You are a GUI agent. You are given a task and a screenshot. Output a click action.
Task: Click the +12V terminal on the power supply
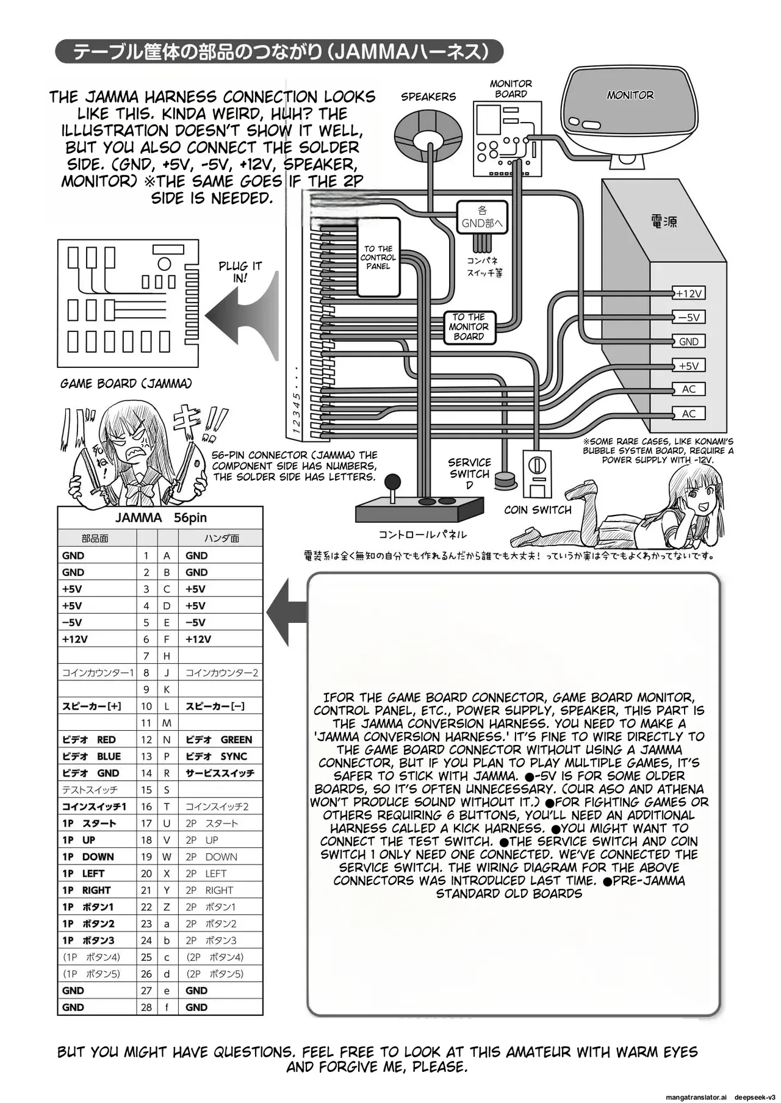(x=689, y=293)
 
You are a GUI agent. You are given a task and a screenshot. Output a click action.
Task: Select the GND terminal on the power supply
(x=689, y=342)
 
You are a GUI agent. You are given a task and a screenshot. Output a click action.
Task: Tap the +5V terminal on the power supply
(x=689, y=366)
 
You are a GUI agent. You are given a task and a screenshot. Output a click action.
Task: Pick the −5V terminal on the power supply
(x=689, y=317)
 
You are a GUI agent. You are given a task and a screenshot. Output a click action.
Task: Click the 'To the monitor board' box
(x=469, y=327)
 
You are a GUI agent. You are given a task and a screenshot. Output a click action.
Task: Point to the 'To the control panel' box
(x=378, y=257)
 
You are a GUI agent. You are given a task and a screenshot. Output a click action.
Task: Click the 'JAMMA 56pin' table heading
(x=160, y=518)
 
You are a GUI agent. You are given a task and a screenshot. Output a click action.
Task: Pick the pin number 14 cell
(x=146, y=773)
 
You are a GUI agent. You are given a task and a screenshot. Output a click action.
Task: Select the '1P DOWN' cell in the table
(x=96, y=857)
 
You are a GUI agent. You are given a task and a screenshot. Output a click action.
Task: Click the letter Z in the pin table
(x=167, y=907)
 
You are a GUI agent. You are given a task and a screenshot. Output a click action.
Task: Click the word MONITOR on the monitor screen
(x=630, y=95)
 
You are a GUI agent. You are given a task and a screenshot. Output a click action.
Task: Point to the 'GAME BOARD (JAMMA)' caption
(x=126, y=384)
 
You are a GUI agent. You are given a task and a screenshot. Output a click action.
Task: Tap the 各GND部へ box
(x=482, y=217)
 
